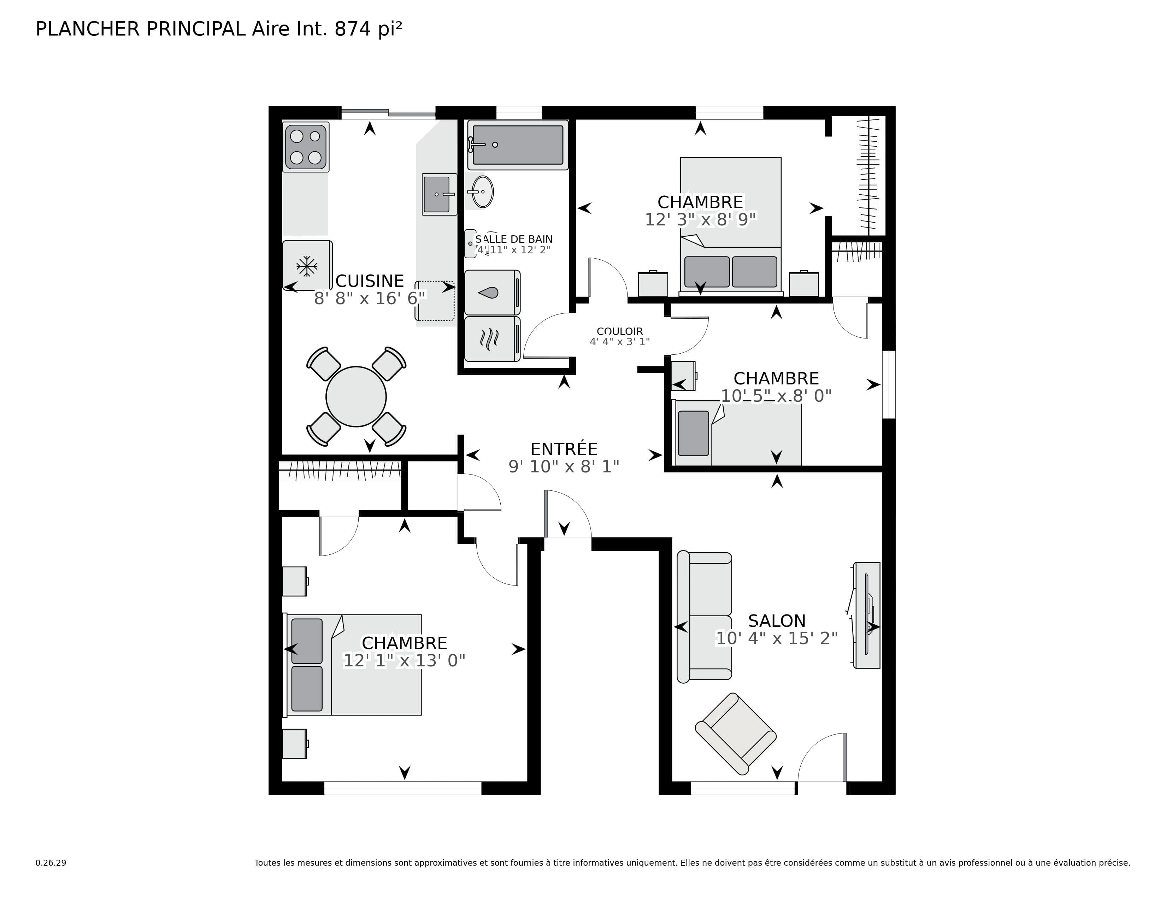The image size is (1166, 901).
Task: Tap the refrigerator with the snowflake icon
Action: coord(307,265)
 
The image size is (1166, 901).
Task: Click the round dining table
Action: coord(356,396)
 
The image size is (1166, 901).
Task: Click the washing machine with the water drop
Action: coord(492,293)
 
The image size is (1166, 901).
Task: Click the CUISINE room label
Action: coord(370,281)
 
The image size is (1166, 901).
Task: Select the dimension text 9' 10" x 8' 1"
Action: coord(564,466)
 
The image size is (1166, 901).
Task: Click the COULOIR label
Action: coord(619,331)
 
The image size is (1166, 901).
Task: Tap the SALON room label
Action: coord(776,621)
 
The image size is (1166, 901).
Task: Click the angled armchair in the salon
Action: coord(736,734)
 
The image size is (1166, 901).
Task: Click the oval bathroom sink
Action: coord(483,192)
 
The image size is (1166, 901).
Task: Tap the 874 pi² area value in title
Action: coord(368,29)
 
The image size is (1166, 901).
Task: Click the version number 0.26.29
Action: coord(51,862)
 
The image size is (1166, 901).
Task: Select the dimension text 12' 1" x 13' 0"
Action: coord(404,661)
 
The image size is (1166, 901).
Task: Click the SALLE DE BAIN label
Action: coord(514,239)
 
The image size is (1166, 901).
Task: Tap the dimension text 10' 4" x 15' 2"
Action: coord(776,638)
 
